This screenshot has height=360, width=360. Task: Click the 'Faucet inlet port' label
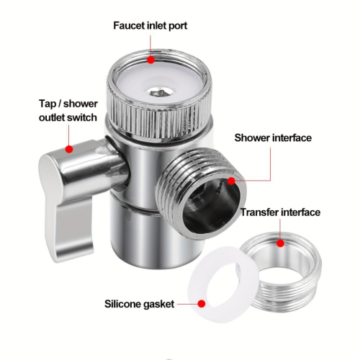click(150, 26)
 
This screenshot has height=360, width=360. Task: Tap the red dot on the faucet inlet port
click(150, 60)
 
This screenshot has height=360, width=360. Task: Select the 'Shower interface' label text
click(273, 138)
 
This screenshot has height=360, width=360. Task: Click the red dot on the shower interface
click(231, 181)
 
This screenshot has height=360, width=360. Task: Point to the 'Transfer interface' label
click(280, 212)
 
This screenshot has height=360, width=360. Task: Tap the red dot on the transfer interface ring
click(280, 243)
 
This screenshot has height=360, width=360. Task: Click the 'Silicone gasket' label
click(139, 305)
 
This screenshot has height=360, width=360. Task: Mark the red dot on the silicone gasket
click(202, 304)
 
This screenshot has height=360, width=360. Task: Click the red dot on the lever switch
click(69, 149)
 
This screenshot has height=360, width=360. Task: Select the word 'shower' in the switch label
click(81, 104)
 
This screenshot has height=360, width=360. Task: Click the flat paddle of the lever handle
click(70, 223)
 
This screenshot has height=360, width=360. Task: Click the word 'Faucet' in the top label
click(129, 25)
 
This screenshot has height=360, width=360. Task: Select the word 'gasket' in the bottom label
click(159, 305)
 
